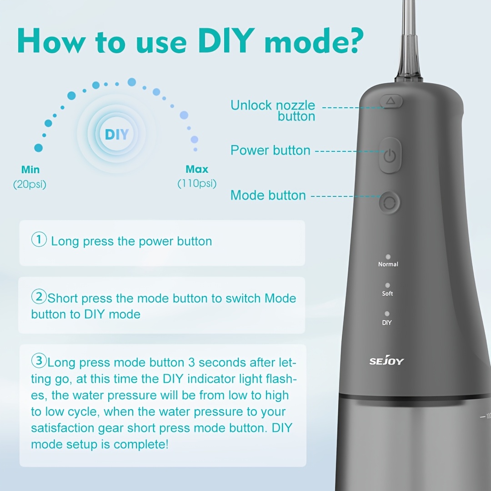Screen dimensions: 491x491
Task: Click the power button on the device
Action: click(390, 155)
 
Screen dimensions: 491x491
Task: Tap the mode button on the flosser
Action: click(389, 203)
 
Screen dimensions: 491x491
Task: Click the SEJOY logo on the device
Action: click(386, 361)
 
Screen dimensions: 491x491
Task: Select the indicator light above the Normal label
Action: click(388, 257)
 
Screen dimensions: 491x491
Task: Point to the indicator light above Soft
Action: click(387, 285)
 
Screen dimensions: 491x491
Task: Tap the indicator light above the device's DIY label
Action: click(387, 314)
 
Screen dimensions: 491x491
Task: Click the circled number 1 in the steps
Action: click(39, 240)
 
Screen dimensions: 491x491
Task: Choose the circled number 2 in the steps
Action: click(39, 296)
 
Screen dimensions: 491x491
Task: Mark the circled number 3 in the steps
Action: click(39, 361)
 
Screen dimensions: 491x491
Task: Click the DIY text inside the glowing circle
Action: click(117, 135)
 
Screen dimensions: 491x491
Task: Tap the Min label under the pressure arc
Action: click(30, 170)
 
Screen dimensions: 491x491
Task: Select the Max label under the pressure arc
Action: click(197, 170)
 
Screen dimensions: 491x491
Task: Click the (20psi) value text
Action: click(30, 185)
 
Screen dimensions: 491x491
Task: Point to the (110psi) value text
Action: click(197, 184)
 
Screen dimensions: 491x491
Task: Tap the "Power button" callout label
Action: click(270, 150)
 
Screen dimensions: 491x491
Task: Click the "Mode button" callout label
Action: click(268, 195)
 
